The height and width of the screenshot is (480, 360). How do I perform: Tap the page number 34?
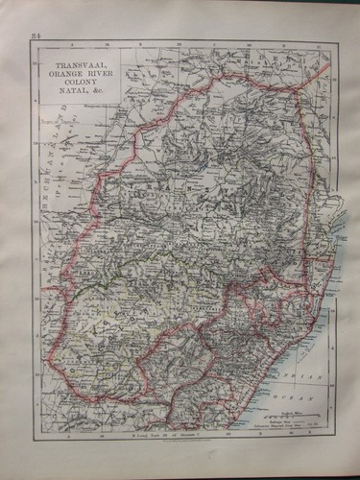click(x=36, y=36)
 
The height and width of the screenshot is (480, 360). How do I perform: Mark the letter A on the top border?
click(x=72, y=43)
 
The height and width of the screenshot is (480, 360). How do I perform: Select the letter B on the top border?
click(x=178, y=43)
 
